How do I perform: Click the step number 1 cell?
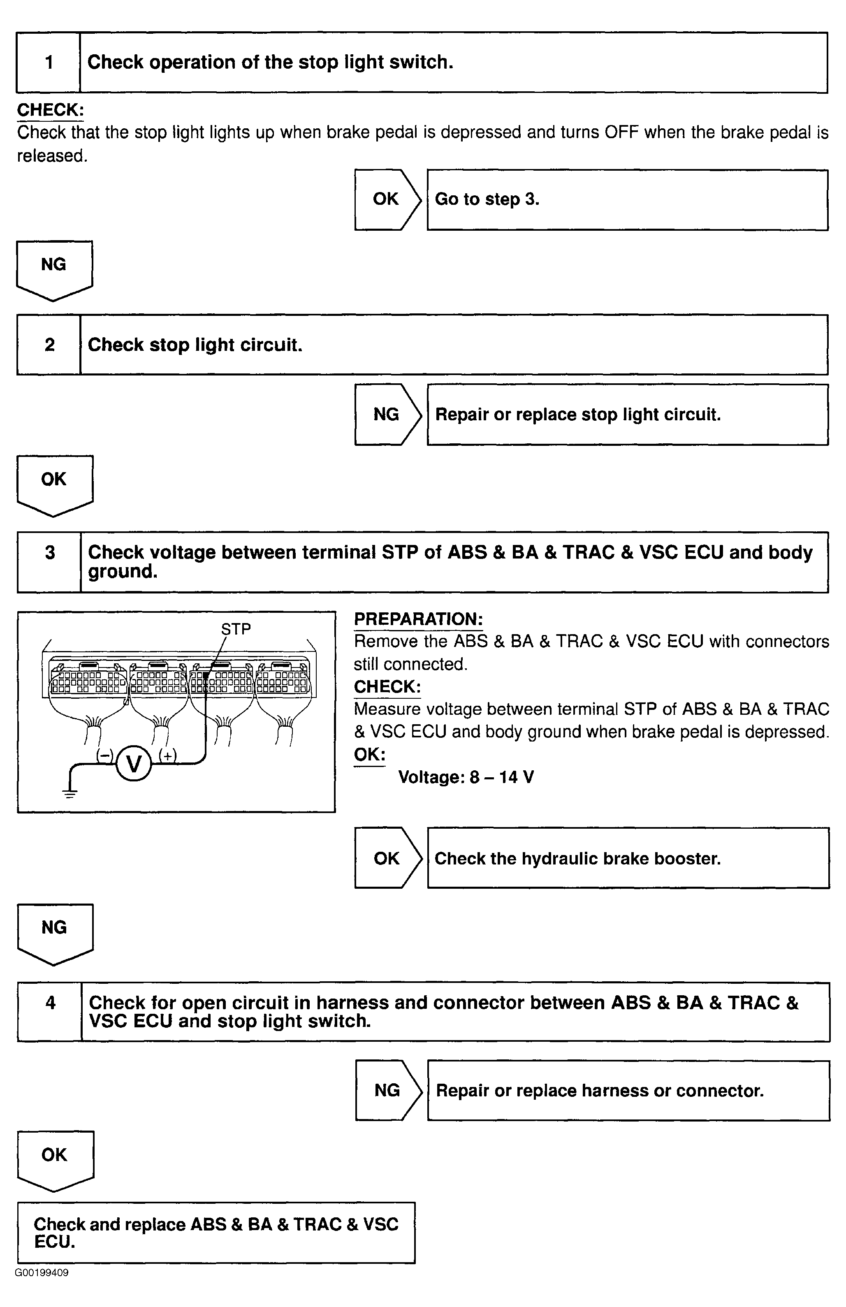(49, 63)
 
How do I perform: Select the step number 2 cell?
(49, 345)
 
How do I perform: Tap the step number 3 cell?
(49, 562)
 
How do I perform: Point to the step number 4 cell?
(50, 1012)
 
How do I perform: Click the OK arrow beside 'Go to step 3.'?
(387, 199)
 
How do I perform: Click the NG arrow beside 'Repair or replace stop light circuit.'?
(387, 415)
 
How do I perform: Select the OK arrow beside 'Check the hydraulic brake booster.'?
(387, 858)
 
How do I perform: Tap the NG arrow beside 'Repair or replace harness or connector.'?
(387, 1090)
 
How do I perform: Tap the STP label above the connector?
(236, 629)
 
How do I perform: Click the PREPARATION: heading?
(418, 619)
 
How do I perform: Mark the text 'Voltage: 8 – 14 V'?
(466, 777)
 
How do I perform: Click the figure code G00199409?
(42, 1273)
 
